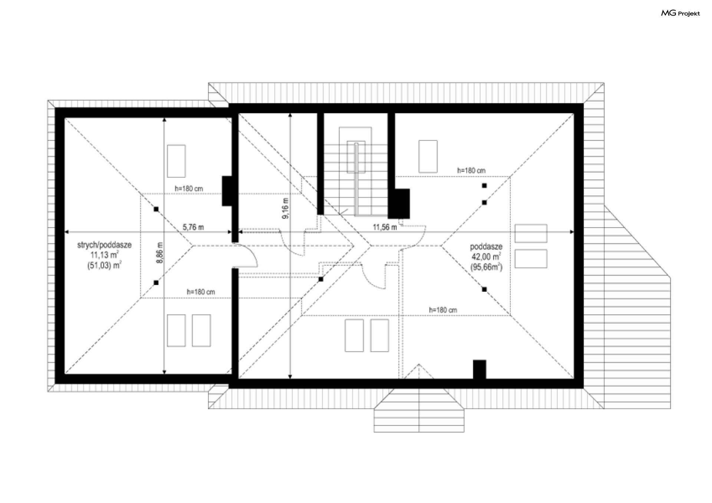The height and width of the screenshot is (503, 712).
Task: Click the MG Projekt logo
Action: (680, 13)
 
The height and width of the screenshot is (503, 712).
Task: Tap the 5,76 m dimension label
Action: (193, 227)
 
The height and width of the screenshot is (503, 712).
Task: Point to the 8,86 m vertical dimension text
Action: (160, 253)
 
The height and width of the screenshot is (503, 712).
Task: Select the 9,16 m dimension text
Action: (286, 208)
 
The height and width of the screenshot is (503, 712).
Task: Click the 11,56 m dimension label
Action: (385, 227)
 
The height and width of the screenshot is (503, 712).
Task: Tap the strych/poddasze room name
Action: (104, 245)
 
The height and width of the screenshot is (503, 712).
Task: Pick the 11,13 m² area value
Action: (105, 255)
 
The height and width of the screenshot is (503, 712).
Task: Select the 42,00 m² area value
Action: (487, 257)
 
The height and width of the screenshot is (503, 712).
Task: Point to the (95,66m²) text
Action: (487, 267)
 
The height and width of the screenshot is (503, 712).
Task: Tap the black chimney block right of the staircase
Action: (399, 203)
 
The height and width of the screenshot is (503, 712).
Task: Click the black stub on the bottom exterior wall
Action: (479, 370)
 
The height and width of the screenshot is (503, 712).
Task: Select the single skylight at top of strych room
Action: (176, 161)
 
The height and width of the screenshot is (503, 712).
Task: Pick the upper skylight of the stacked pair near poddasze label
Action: (531, 234)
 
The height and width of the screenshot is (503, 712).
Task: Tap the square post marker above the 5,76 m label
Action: (156, 209)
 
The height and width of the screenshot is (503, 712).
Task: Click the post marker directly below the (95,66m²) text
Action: (484, 289)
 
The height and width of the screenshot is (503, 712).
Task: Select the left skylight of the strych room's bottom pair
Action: (176, 331)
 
